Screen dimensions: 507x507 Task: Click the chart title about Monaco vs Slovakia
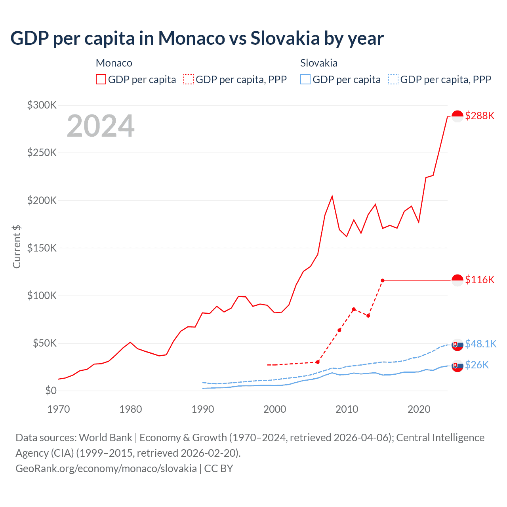click(197, 38)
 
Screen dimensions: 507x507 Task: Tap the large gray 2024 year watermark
click(101, 126)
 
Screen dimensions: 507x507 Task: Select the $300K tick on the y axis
click(42, 105)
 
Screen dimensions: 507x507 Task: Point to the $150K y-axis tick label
click(42, 248)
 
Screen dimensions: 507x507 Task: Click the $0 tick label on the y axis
click(51, 391)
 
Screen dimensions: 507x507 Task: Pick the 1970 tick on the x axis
click(59, 409)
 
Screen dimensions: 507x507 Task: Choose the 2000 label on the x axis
click(274, 409)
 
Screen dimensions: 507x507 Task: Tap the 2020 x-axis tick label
click(419, 409)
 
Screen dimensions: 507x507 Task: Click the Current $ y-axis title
click(17, 246)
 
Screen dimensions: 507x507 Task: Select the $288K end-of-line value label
click(480, 116)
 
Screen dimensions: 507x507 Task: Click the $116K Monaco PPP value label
click(480, 280)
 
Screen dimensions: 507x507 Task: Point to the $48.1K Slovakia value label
click(480, 343)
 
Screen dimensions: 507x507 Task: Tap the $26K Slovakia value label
click(477, 365)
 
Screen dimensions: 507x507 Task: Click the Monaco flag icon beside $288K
click(457, 116)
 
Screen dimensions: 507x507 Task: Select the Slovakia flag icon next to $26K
click(457, 366)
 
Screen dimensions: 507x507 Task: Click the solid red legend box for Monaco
click(101, 79)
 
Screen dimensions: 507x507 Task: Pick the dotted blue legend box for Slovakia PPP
click(393, 79)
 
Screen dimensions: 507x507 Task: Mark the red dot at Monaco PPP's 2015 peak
click(383, 280)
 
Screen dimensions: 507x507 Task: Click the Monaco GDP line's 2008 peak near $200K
click(332, 196)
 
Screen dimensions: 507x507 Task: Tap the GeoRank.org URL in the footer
click(106, 468)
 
